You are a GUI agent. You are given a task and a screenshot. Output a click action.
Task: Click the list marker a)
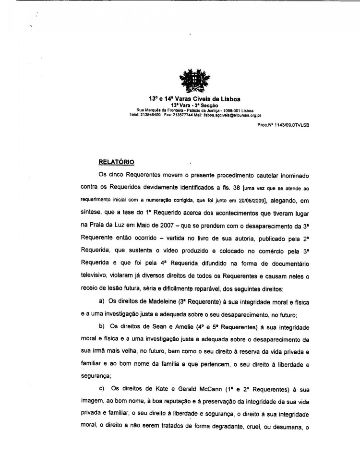coord(102,301)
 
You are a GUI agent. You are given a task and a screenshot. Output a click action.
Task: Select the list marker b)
coord(102,326)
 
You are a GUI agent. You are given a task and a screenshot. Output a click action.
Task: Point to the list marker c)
coord(102,388)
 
